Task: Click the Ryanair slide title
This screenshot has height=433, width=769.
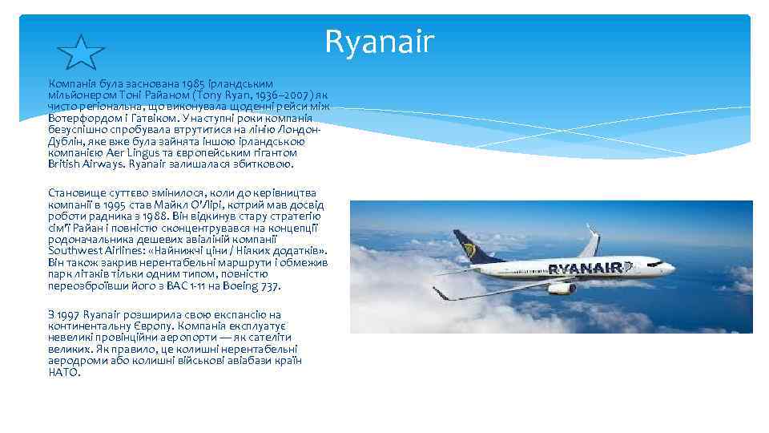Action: [x=379, y=42]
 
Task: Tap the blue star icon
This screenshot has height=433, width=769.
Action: [x=82, y=53]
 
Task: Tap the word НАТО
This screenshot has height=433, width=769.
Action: [x=64, y=372]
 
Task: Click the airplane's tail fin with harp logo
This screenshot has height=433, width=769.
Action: [x=469, y=245]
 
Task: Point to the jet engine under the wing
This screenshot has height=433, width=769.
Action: [x=562, y=288]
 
